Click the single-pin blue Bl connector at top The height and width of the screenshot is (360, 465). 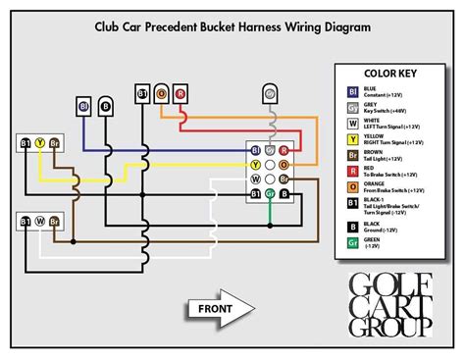click(x=83, y=105)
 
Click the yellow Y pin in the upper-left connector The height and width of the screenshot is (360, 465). click(x=40, y=143)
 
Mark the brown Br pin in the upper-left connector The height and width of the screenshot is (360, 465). click(x=56, y=143)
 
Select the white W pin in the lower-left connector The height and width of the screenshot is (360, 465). click(x=40, y=222)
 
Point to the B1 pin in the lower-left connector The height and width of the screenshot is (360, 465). click(x=25, y=222)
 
